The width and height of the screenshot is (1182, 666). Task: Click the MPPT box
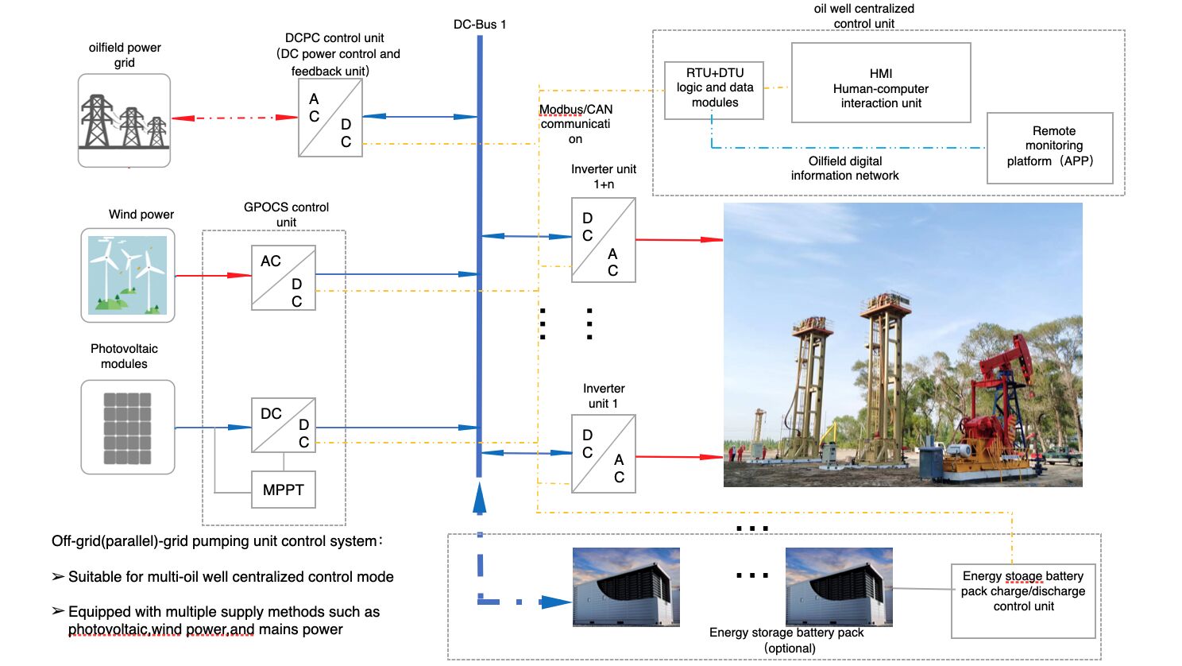click(x=283, y=490)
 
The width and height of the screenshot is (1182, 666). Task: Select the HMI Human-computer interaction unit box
click(x=881, y=83)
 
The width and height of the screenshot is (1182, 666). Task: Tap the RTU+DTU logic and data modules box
click(x=714, y=90)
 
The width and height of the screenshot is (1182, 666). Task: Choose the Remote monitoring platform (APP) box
click(x=1049, y=147)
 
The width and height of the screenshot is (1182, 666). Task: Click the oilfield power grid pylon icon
click(x=124, y=121)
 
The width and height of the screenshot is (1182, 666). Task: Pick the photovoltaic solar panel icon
click(x=127, y=428)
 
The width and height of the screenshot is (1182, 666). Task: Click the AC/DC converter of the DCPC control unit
click(x=330, y=118)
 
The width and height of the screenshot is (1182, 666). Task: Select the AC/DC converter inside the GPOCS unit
click(x=284, y=277)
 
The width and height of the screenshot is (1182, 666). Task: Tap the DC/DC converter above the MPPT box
click(x=284, y=425)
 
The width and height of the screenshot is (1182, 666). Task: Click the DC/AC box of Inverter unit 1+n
click(x=604, y=240)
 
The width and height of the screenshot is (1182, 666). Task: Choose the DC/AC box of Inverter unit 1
click(x=604, y=454)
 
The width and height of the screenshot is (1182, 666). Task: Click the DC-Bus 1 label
click(x=479, y=24)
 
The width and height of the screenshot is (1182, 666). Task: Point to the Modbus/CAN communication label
click(x=575, y=124)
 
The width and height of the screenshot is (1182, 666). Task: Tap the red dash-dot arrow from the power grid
click(x=234, y=118)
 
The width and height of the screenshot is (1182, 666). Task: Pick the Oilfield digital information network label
click(x=844, y=168)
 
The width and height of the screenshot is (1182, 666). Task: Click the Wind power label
click(x=141, y=215)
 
